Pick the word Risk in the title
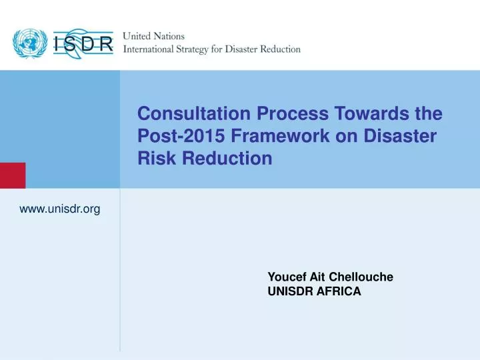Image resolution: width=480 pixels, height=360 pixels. pos(153,159)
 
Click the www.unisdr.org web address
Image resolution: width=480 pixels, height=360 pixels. pos(60,209)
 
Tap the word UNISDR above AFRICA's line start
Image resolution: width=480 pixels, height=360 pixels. pos(289,291)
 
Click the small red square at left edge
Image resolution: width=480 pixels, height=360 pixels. pos(13,175)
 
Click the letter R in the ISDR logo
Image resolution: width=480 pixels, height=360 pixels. pos(107,45)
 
